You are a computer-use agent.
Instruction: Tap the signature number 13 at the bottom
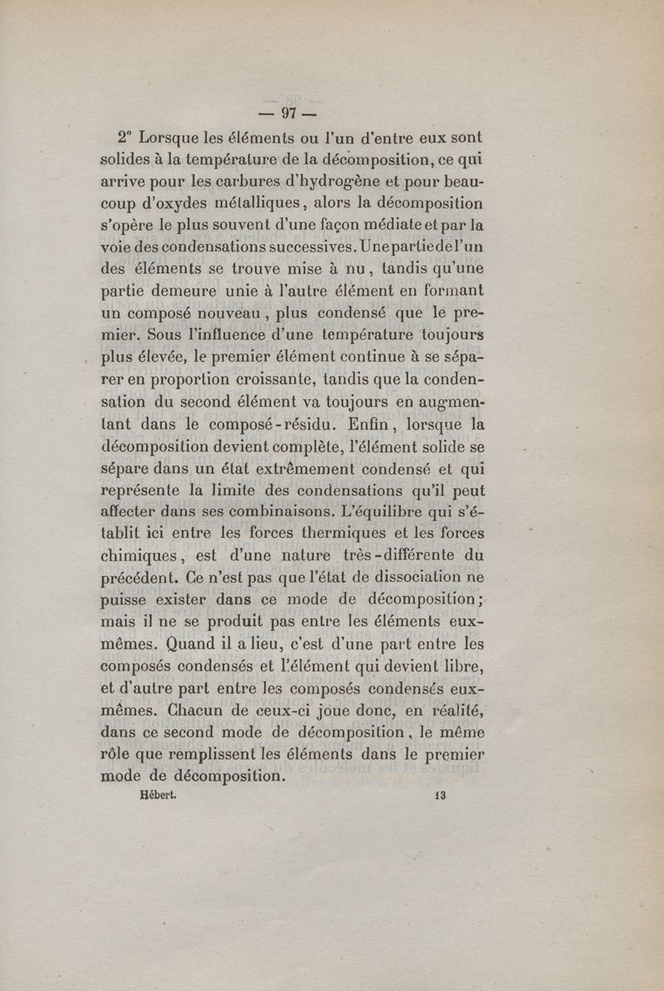pyautogui.click(x=439, y=794)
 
